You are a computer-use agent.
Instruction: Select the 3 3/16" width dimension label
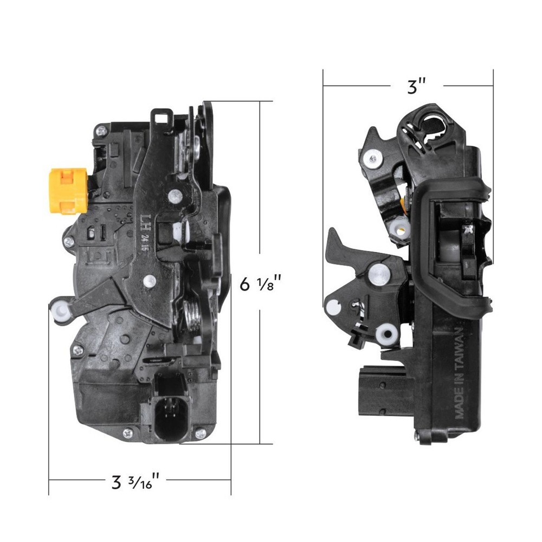pyautogui.click(x=135, y=480)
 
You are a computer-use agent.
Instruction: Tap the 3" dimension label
pyautogui.click(x=416, y=86)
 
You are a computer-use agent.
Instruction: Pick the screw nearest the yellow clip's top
pyautogui.click(x=101, y=131)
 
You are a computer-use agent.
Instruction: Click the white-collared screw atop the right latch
pyautogui.click(x=371, y=158)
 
